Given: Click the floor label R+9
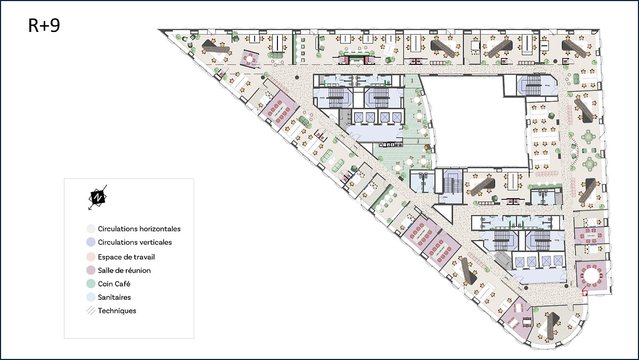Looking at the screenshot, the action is [44, 25].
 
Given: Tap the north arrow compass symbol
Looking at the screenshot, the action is [97, 198].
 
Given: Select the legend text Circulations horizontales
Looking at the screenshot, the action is [139, 229].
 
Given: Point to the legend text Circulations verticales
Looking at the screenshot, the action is [135, 242].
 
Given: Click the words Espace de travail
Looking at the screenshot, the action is [126, 257].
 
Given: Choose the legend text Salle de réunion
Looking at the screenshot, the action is [124, 271].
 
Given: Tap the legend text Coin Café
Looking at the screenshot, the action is [114, 284].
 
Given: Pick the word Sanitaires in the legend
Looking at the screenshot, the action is [114, 297].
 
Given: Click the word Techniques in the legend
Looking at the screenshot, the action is [117, 310].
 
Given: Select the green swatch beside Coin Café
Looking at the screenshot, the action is [91, 283].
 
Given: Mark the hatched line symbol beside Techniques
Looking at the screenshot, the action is [91, 310].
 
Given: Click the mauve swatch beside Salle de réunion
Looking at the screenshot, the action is [91, 270].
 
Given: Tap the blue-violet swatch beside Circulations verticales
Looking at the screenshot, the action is [91, 242].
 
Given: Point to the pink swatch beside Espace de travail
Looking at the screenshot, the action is [91, 257].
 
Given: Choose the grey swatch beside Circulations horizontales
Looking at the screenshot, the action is [91, 228].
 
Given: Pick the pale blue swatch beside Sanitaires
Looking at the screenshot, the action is [91, 297].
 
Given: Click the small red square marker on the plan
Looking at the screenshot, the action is [585, 293].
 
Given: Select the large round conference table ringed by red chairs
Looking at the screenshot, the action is [592, 275].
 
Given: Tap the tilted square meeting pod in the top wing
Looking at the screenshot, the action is [250, 59].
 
